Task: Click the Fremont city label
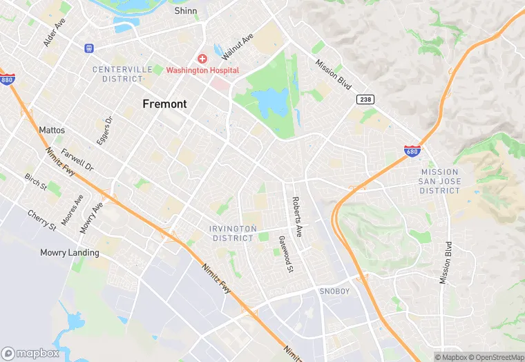164,104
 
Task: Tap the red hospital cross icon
202,59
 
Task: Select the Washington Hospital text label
202,70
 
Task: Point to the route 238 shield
365,100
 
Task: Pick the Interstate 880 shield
7,79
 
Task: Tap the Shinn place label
186,11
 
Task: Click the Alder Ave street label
54,32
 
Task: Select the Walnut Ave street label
242,46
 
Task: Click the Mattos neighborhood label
52,130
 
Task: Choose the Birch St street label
35,182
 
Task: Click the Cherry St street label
42,219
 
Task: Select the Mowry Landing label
69,252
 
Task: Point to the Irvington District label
233,233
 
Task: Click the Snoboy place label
334,292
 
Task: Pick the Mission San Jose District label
439,181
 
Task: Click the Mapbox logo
31,353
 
